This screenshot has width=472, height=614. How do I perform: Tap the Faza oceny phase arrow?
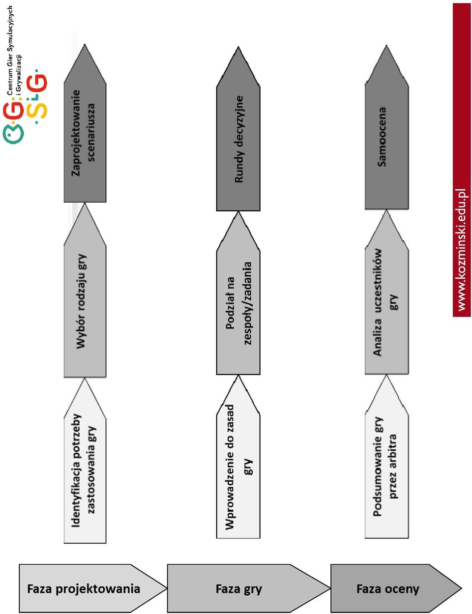click(396, 588)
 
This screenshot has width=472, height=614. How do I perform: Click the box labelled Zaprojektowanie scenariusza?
click(85, 123)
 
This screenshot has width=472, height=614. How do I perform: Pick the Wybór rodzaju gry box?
click(85, 290)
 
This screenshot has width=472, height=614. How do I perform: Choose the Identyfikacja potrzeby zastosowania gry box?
click(85, 461)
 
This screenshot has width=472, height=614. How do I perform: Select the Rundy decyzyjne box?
click(238, 129)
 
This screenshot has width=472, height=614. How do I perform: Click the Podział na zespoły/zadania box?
click(238, 293)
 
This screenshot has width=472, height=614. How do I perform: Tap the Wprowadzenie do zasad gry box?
click(238, 457)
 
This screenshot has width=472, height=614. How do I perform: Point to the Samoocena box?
click(386, 127)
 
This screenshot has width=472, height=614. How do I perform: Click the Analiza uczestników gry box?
click(386, 292)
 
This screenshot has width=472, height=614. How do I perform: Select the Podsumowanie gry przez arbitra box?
click(386, 457)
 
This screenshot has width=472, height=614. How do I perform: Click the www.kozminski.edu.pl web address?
click(462, 250)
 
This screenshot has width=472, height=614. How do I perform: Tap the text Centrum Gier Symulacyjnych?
click(10, 51)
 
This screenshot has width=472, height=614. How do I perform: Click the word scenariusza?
click(91, 132)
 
